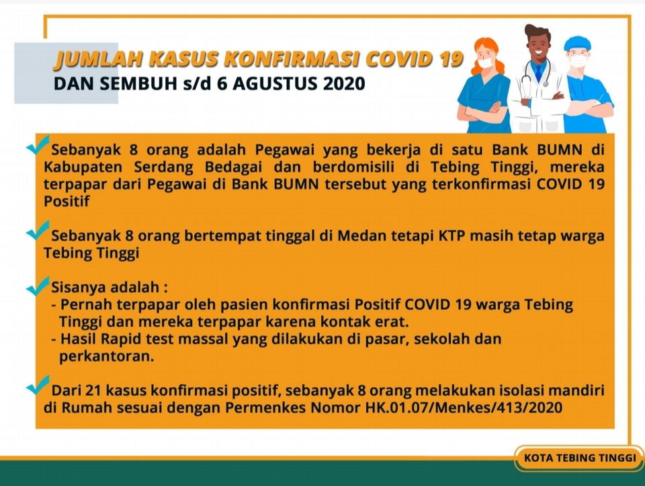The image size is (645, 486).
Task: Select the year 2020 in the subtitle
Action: point(344,83)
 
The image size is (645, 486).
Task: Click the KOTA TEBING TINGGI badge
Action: point(580,458)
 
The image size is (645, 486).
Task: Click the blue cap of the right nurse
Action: point(577,44)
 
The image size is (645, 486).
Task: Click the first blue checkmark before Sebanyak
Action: point(38,145)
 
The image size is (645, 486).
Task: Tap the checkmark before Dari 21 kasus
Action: point(38,385)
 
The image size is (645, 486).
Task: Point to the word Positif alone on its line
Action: point(67,201)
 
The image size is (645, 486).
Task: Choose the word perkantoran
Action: point(107,356)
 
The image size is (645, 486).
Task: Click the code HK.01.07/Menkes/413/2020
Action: point(464,407)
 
